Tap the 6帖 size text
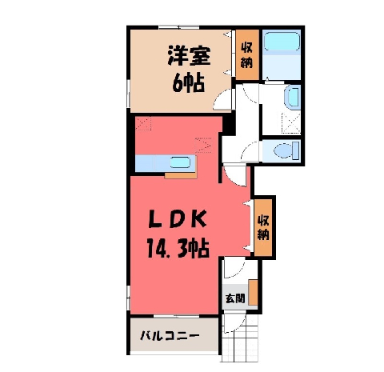coord(188,82)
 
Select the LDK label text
coord(178,219)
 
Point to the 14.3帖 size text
coord(178,249)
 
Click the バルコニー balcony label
coord(170,335)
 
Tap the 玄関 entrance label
coord(235,298)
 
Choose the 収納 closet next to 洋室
coord(247,55)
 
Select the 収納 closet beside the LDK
coord(263,227)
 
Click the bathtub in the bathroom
coord(282,42)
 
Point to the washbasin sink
coord(293,98)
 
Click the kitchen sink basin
coord(180,162)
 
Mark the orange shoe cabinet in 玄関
coord(253,293)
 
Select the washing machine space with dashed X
coord(291,123)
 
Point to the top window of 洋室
coord(179,27)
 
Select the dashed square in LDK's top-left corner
coord(143,123)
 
